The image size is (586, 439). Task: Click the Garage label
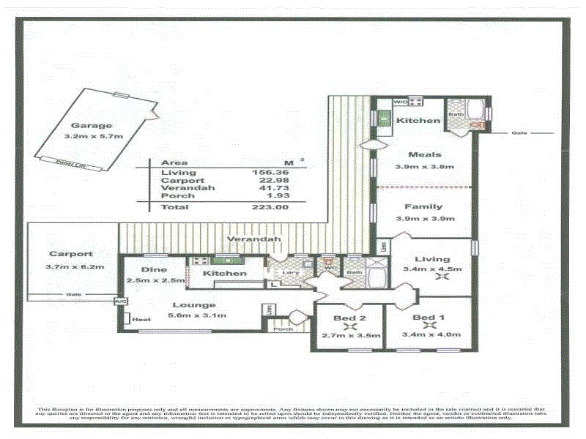pos(92,125)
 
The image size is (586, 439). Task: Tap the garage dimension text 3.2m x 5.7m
pos(93,136)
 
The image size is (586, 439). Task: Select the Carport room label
pos(71,254)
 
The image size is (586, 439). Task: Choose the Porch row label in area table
pos(177,195)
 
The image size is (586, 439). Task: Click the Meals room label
pos(424,154)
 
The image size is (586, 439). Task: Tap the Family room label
pos(424,207)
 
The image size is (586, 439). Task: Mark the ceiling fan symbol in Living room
pos(441,277)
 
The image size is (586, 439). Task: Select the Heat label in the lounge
pos(141,319)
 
